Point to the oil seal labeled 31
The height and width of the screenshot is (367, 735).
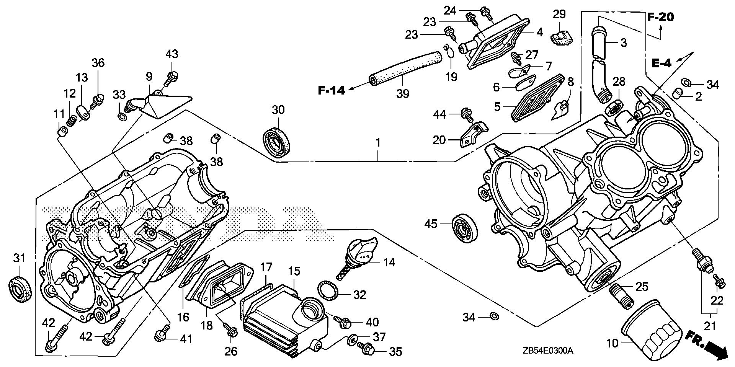coord(18,287)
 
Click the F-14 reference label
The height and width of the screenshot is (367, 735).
coord(332,90)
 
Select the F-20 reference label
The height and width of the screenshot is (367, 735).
coord(661,17)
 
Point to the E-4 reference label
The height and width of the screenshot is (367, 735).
coord(661,64)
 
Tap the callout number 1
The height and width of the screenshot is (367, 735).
coord(378,143)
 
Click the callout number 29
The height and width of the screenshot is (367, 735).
coord(559,15)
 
